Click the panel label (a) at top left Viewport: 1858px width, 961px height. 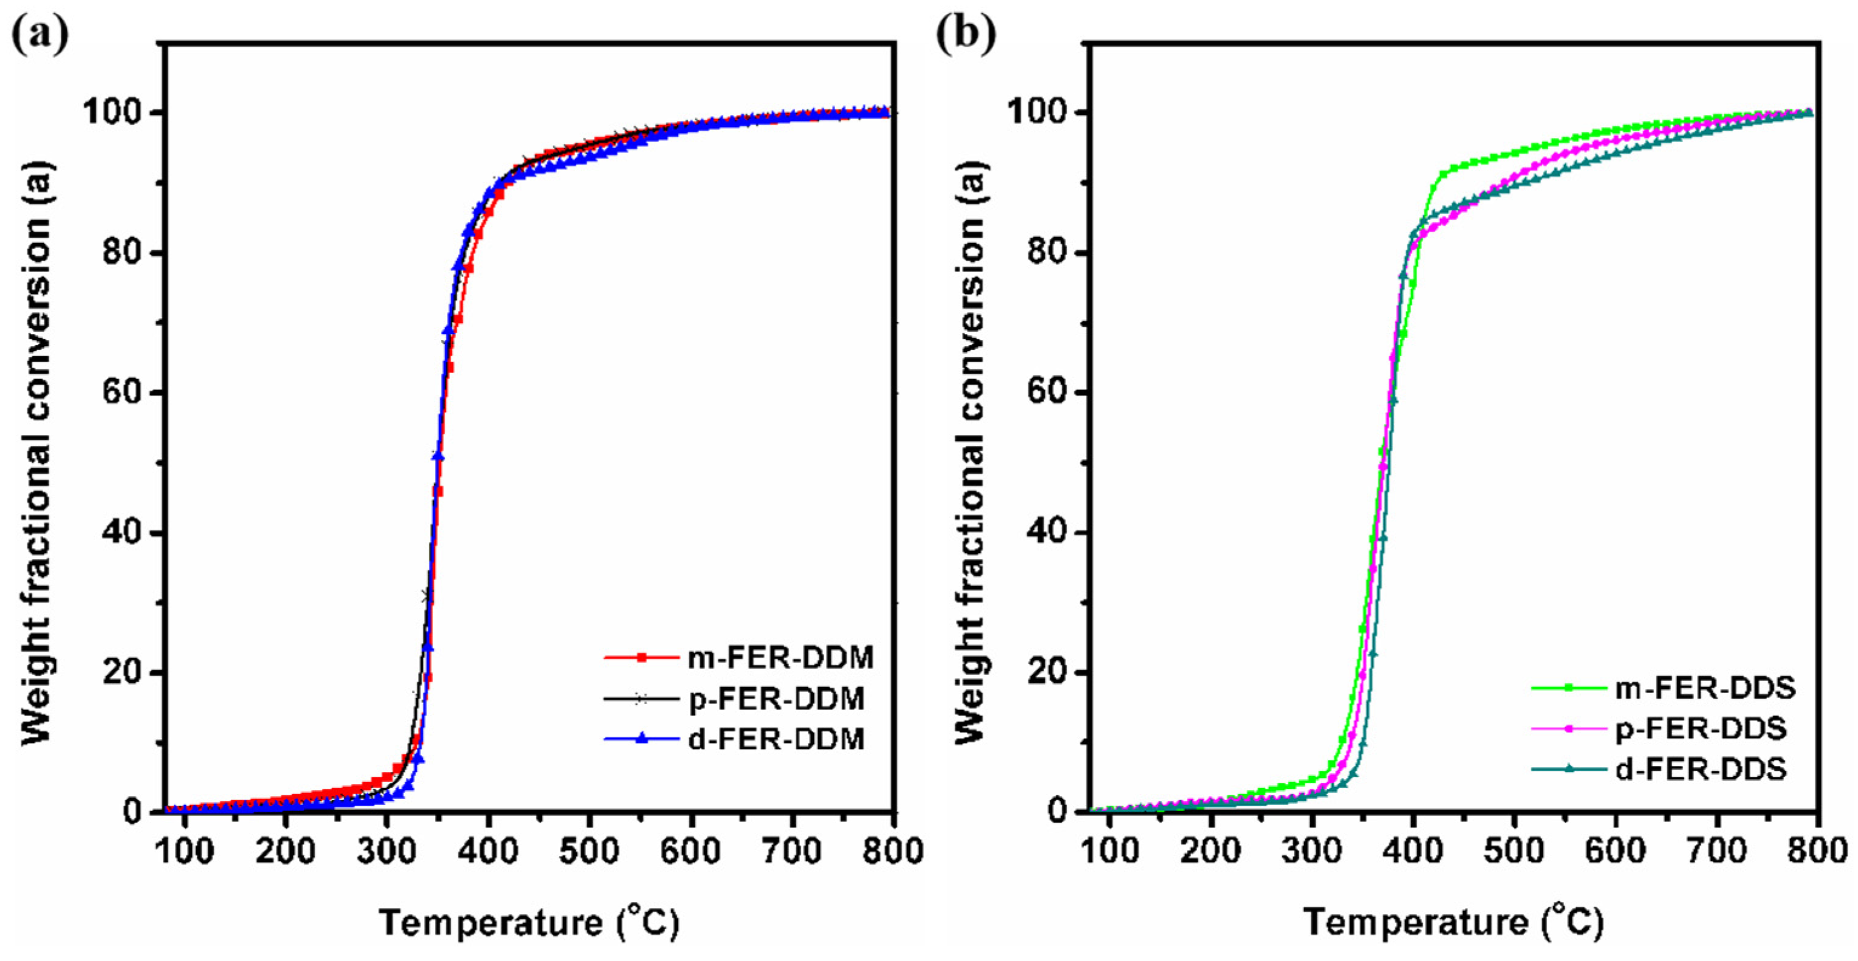click(40, 32)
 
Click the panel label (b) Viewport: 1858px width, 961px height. click(965, 32)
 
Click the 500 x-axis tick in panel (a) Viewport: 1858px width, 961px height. click(589, 851)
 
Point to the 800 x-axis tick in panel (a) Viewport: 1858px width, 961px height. click(893, 851)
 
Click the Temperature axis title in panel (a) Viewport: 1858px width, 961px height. click(528, 923)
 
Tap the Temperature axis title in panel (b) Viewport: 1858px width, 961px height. click(1453, 923)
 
